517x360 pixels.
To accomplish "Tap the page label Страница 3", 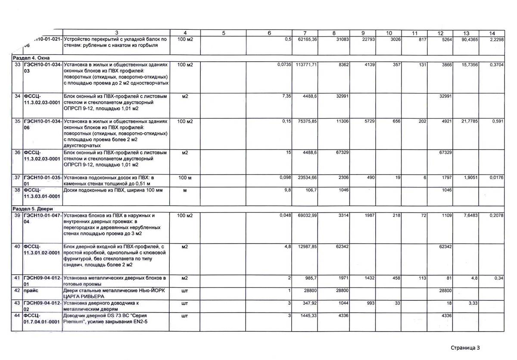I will coord(465,347).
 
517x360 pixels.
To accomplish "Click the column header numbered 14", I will coord(492,33).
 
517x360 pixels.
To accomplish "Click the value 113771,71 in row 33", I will coord(306,64).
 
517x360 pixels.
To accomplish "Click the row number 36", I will coord(18,153).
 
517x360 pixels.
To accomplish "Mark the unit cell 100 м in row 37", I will coord(185,178).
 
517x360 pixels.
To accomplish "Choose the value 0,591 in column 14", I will coord(498,121).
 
